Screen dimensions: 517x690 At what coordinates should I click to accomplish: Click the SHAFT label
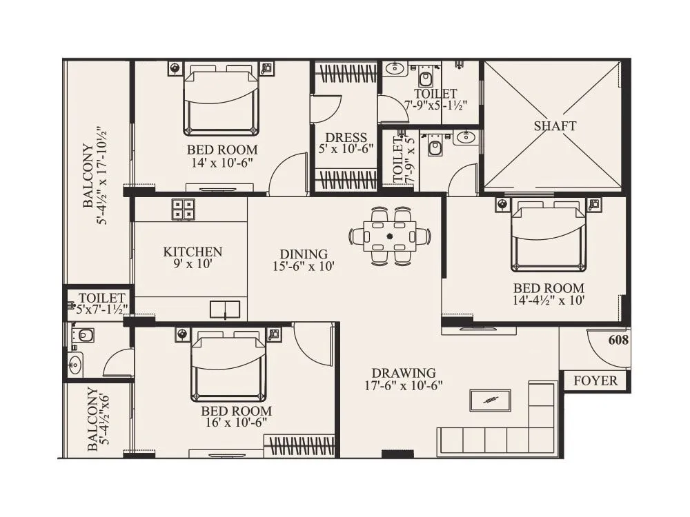click(555, 126)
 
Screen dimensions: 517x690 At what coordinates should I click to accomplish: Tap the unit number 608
click(618, 341)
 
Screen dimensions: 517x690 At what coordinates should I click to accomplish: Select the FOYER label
click(595, 381)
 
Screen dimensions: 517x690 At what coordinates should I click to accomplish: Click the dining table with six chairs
click(390, 236)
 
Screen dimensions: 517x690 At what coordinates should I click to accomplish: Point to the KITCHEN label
click(193, 252)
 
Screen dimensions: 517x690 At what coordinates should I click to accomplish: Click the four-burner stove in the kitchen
click(183, 209)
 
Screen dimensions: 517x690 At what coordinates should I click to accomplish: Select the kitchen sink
click(226, 309)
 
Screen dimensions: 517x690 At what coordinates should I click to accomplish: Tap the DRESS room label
click(346, 138)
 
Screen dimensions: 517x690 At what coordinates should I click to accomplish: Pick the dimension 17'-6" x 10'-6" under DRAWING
click(404, 386)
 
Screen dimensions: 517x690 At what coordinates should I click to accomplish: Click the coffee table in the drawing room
click(490, 401)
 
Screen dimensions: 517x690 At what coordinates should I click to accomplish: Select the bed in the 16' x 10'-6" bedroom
click(228, 365)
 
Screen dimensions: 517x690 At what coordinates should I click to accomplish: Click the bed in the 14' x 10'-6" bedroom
click(221, 101)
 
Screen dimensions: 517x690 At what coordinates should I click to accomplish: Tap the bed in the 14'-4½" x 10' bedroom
click(548, 236)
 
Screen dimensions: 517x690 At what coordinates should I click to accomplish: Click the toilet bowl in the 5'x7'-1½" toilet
click(84, 336)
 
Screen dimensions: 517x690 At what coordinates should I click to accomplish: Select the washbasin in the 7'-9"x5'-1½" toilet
click(395, 68)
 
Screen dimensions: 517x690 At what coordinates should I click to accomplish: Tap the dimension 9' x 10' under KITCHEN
click(193, 264)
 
